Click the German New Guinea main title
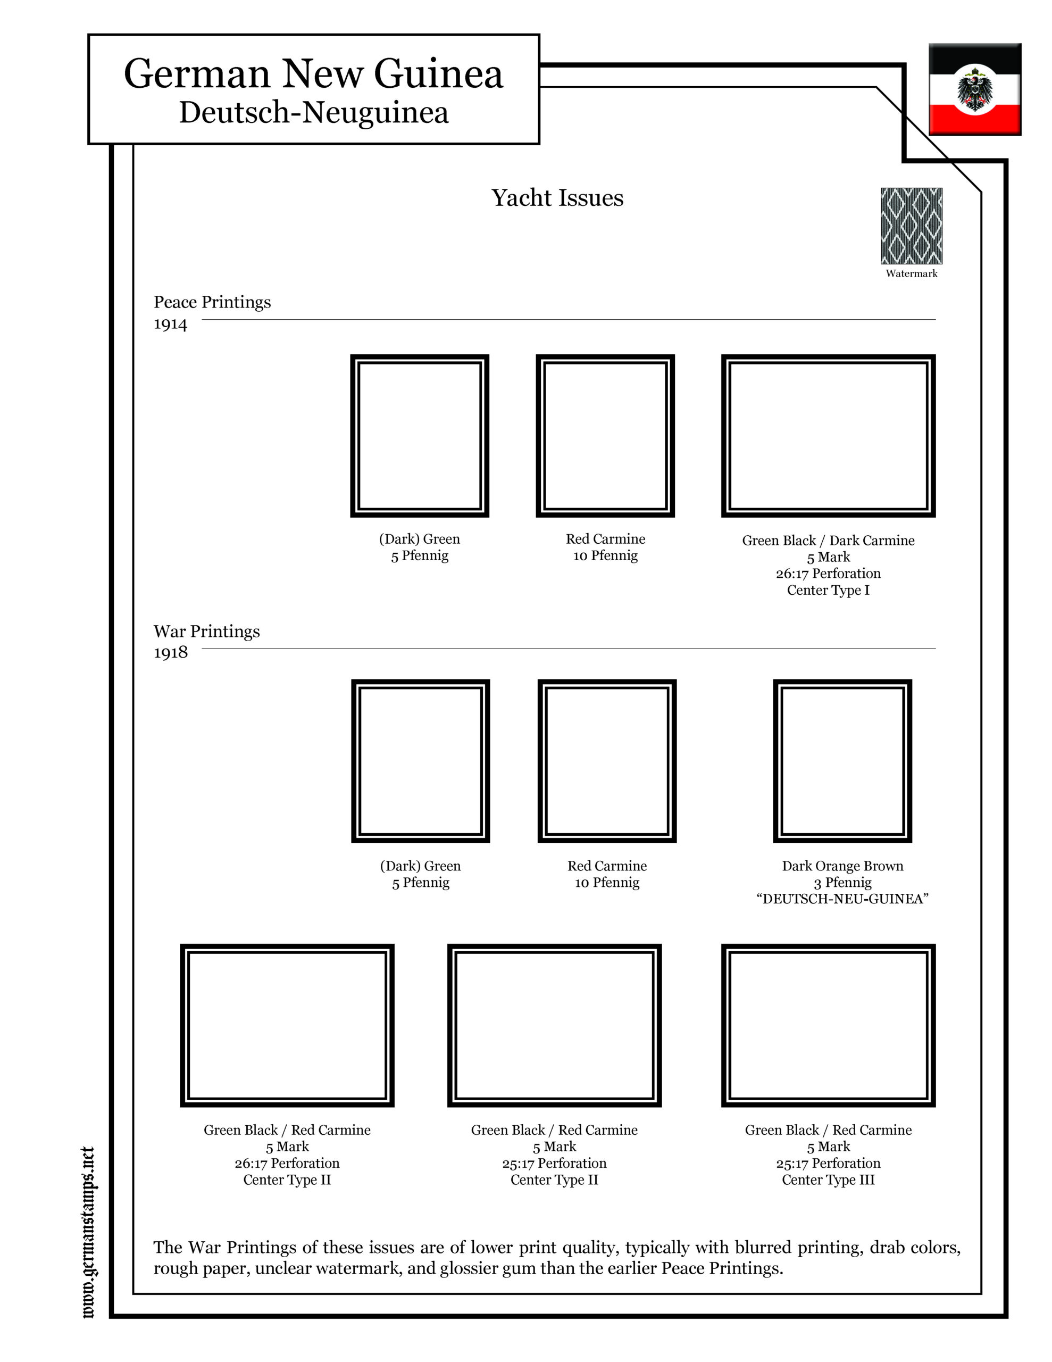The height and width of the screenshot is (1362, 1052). coord(313,73)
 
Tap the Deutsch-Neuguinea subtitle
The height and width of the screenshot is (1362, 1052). coord(314,113)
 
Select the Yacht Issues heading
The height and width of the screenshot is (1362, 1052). coord(557,198)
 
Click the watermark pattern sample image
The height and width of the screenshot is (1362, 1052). coord(911,226)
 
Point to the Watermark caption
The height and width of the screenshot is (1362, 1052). coord(911,273)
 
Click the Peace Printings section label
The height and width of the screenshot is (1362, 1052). coord(212,302)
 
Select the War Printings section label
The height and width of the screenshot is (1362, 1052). coord(206,631)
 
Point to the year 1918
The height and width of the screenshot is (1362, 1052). coord(170,652)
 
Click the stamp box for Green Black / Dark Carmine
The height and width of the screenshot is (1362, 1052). coord(828,436)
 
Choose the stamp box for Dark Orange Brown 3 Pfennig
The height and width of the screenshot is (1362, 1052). coord(842,761)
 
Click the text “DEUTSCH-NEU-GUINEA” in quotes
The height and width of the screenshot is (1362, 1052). coord(842,899)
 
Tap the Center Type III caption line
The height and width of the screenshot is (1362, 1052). coord(828,1180)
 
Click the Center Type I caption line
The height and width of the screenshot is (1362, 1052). coord(828,590)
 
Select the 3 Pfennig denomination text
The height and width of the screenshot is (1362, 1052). coord(842,883)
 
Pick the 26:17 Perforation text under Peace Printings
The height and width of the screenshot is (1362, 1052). coord(828,573)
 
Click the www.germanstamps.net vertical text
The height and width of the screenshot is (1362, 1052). coord(88,1232)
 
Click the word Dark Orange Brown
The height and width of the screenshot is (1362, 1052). coord(842,866)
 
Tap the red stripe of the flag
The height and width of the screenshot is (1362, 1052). coord(974,119)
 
